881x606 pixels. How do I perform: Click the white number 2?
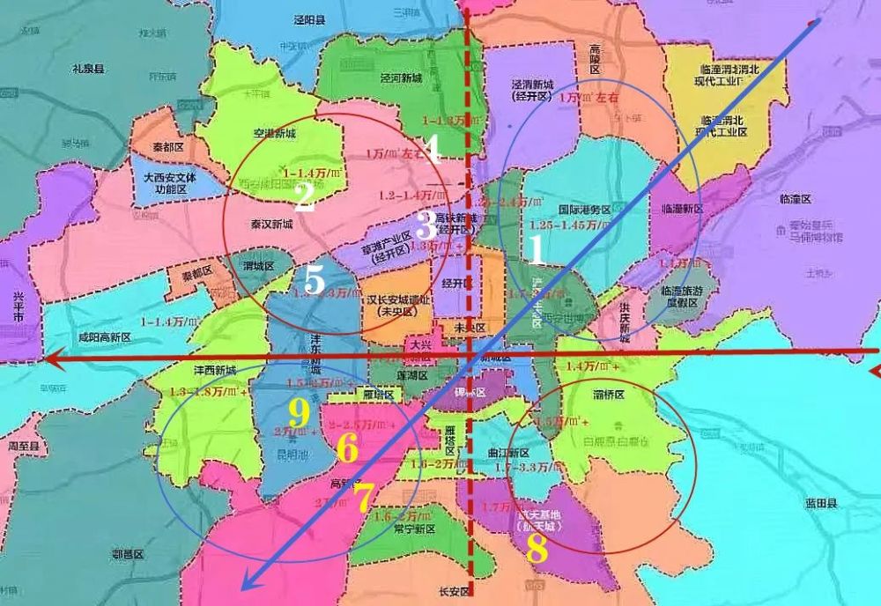(304, 198)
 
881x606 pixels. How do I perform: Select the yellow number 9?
(300, 410)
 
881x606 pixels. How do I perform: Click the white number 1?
(534, 251)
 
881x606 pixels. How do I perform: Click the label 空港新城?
(273, 134)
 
